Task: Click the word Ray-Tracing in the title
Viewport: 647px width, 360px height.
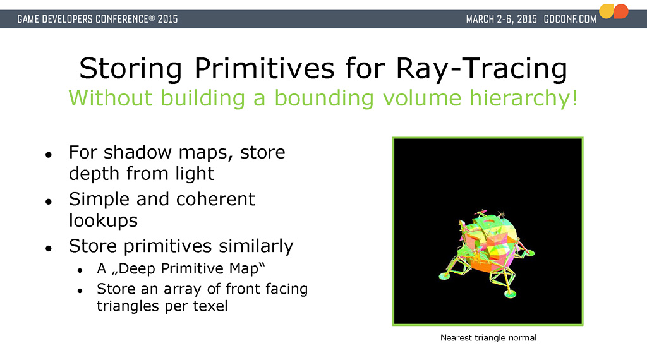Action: [481, 68]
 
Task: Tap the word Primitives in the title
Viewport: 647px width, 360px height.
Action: [264, 68]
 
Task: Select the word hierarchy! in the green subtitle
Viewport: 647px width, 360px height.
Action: [524, 99]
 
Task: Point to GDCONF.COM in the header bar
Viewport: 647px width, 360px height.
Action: [570, 19]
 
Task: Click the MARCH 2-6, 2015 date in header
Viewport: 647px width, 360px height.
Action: [501, 19]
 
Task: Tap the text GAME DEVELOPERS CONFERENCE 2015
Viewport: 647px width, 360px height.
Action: [97, 19]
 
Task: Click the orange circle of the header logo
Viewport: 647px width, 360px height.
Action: [621, 11]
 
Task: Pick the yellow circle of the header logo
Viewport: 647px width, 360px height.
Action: [606, 11]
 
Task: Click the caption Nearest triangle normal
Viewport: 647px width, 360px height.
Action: [488, 338]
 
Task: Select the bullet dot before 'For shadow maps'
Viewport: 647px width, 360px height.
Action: [49, 155]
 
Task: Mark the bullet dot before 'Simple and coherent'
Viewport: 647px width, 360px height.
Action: [49, 201]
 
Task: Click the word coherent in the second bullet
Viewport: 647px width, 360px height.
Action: [215, 199]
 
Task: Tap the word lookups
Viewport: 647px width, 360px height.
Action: [103, 220]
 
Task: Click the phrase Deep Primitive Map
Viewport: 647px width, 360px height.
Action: [188, 268]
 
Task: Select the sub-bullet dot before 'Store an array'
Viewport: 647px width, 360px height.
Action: [80, 291]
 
